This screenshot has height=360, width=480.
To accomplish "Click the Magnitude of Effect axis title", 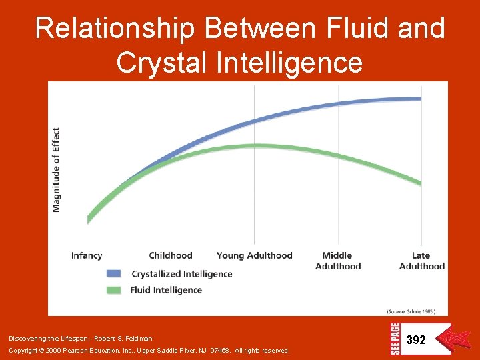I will tap(56, 170).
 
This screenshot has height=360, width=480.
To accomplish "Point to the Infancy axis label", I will tap(87, 255).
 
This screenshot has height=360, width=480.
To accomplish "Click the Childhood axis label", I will tap(171, 255).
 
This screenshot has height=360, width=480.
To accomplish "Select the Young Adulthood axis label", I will tap(254, 255).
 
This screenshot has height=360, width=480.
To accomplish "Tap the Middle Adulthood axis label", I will tap(338, 261).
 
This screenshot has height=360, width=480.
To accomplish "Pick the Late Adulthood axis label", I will tap(421, 261).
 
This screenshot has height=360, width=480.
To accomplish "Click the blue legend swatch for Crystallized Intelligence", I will tap(113, 273).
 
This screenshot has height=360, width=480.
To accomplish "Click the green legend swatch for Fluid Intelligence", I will tap(113, 290).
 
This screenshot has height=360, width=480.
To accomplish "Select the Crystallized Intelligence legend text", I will tap(182, 273).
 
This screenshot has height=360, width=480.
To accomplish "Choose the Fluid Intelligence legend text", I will tap(167, 290).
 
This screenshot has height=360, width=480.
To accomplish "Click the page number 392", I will tap(416, 340).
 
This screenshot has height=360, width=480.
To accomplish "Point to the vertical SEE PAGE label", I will tap(394, 339).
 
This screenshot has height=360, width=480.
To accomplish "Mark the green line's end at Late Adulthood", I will tap(421, 183).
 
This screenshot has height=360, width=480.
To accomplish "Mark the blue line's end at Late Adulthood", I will tap(421, 99).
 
